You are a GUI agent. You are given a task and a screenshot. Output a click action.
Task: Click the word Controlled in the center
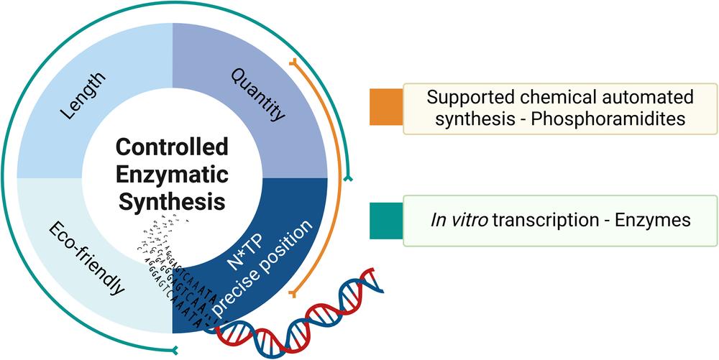(x=172, y=147)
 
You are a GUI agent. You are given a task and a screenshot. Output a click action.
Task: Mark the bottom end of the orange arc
(x=293, y=294)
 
